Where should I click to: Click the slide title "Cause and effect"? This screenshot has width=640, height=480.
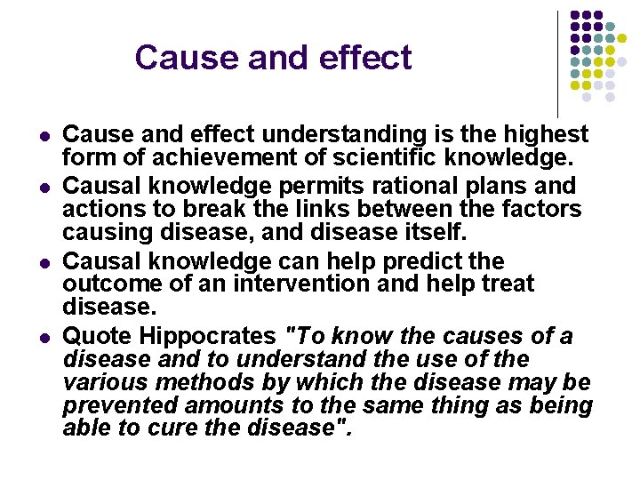point(273,58)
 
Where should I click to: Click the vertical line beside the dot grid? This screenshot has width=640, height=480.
point(557,62)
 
